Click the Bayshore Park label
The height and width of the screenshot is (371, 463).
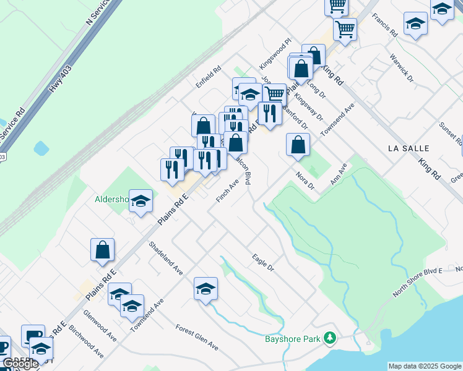pyautogui.click(x=293, y=339)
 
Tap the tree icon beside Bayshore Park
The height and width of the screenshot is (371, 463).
pyautogui.click(x=331, y=338)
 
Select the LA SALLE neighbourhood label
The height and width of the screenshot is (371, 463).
pyautogui.click(x=408, y=148)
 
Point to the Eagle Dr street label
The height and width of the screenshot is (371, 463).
pyautogui.click(x=262, y=262)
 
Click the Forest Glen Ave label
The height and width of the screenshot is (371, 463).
pyautogui.click(x=197, y=336)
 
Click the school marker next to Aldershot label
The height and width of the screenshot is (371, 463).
pyautogui.click(x=141, y=201)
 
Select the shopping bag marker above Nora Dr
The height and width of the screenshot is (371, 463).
pyautogui.click(x=298, y=145)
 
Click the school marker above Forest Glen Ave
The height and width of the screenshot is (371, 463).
pyautogui.click(x=206, y=289)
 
